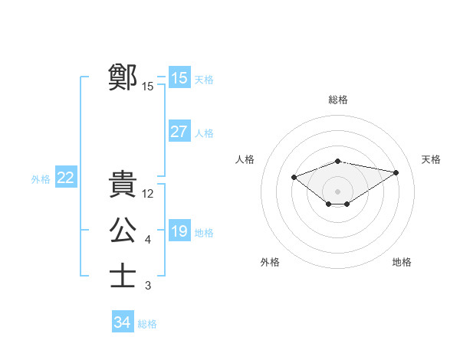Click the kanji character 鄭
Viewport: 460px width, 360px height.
click(123, 77)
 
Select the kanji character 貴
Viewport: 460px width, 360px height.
click(123, 184)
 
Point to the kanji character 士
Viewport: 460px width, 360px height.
click(123, 276)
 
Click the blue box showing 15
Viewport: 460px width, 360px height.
click(179, 77)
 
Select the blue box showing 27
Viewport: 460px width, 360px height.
click(179, 131)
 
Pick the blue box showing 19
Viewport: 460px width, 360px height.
click(179, 231)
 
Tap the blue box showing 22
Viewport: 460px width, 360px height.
click(66, 178)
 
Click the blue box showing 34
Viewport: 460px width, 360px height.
click(123, 322)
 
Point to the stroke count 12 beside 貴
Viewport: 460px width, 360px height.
click(148, 194)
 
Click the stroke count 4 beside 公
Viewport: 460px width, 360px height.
click(148, 240)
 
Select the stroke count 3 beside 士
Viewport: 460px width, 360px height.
click(148, 286)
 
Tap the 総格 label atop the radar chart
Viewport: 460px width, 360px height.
click(338, 100)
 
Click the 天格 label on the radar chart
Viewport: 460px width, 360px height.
click(431, 159)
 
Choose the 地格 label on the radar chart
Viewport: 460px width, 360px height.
click(402, 262)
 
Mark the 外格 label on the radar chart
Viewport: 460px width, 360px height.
click(270, 262)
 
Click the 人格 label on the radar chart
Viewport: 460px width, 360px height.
click(245, 159)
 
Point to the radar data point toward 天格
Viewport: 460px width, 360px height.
click(396, 172)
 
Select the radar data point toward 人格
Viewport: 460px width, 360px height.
click(294, 178)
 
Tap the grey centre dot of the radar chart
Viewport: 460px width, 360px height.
click(337, 191)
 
